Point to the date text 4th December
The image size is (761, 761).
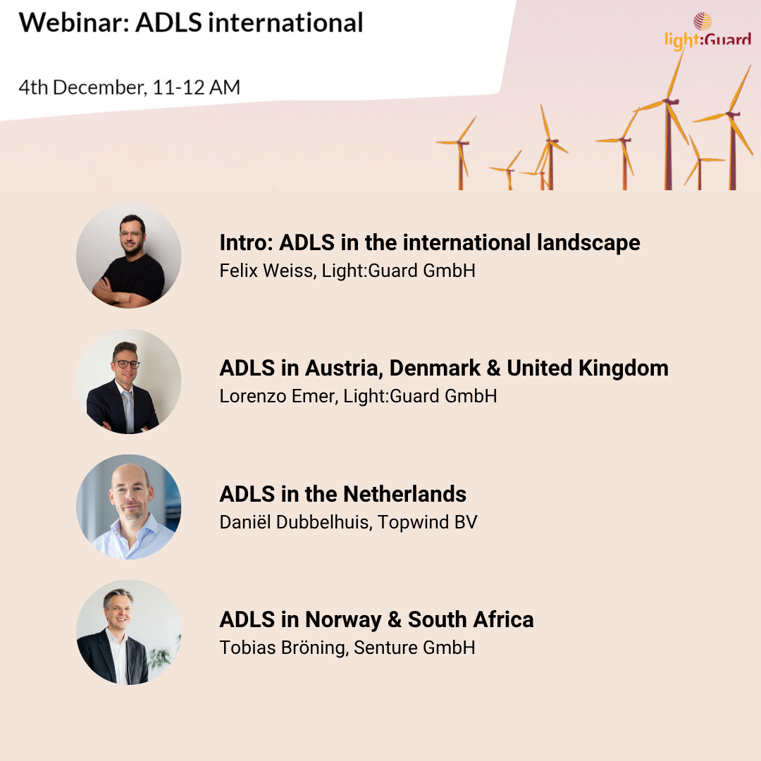(82, 87)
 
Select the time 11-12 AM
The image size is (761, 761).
(197, 87)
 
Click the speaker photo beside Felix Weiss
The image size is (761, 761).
(129, 256)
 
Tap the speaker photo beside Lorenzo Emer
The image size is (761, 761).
(129, 381)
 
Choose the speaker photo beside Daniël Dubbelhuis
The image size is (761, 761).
(129, 507)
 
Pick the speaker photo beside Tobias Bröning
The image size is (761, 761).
(129, 632)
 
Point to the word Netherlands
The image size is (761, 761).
(404, 494)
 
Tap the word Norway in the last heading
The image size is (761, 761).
(343, 620)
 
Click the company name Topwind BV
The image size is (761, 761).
(428, 522)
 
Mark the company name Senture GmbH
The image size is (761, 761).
(414, 648)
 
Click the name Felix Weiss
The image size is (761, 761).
(268, 271)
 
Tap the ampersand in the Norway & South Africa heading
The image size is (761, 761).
(395, 620)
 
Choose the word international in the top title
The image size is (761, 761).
(285, 23)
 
